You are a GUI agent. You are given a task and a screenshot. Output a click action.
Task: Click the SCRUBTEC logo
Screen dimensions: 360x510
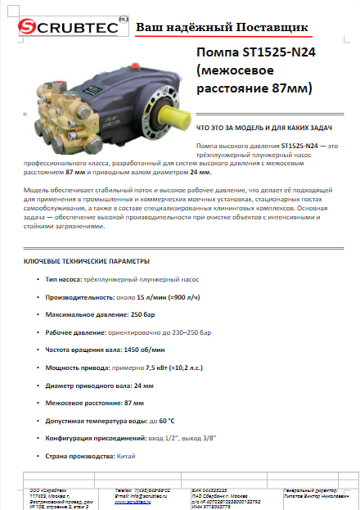pyautogui.click(x=65, y=29)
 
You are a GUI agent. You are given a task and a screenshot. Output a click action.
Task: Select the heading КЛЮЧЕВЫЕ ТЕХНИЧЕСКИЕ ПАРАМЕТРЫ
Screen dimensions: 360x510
pyautogui.click(x=87, y=261)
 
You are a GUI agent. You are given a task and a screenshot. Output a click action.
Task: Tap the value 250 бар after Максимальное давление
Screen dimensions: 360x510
pyautogui.click(x=143, y=315)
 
